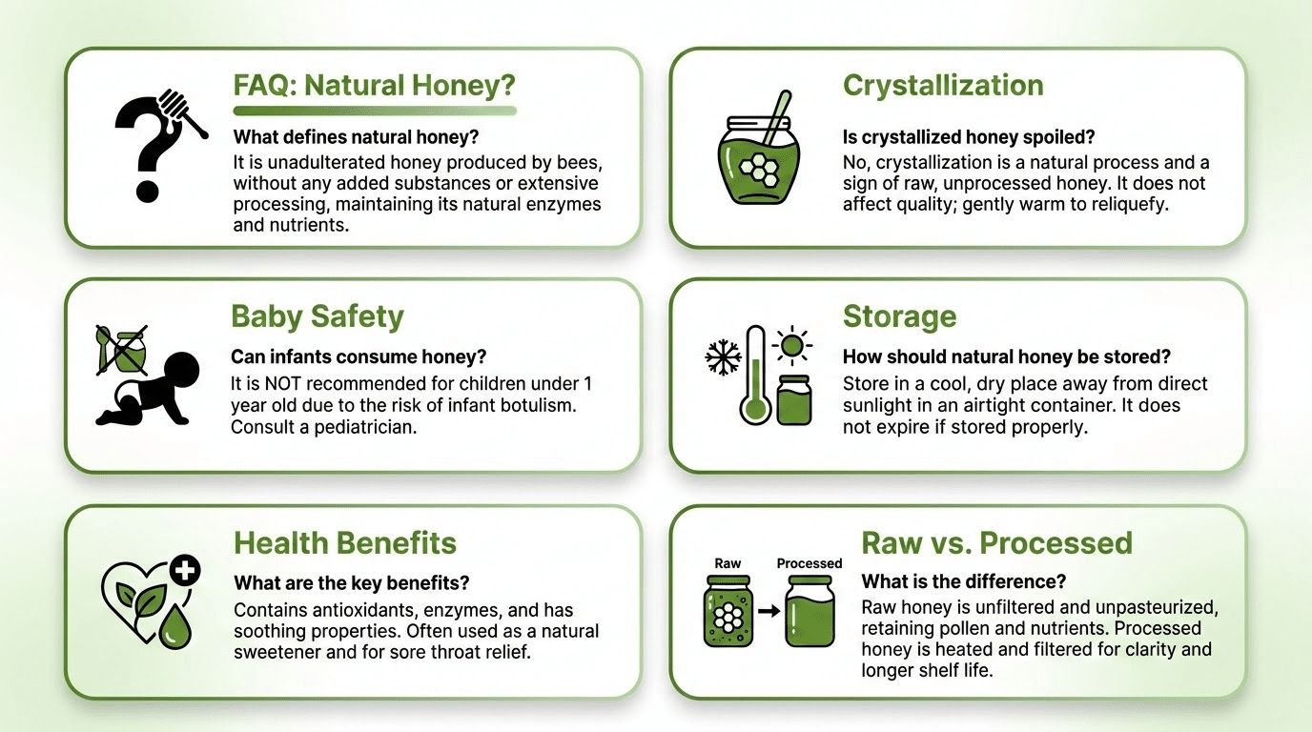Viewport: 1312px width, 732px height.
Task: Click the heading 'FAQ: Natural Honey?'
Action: click(x=375, y=85)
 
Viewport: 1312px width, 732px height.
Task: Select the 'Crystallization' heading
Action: click(x=943, y=86)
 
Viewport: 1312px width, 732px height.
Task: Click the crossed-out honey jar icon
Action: click(x=122, y=350)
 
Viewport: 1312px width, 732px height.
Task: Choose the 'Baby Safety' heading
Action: click(x=318, y=316)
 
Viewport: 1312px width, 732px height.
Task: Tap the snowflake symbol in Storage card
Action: click(x=723, y=357)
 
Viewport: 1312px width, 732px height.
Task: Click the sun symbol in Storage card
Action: click(x=792, y=345)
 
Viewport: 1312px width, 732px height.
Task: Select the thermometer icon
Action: click(x=755, y=375)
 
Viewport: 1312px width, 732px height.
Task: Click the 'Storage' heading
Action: click(x=900, y=316)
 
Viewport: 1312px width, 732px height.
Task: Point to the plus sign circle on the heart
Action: click(x=185, y=570)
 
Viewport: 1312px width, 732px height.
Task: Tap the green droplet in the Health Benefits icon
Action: click(x=174, y=627)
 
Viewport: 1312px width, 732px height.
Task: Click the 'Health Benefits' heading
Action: click(x=345, y=543)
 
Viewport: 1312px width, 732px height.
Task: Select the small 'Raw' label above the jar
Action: click(x=728, y=563)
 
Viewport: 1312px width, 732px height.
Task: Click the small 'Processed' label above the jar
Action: click(x=810, y=563)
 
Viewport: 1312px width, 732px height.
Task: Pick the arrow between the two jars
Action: click(x=769, y=611)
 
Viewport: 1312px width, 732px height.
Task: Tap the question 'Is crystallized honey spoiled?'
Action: click(x=969, y=137)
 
